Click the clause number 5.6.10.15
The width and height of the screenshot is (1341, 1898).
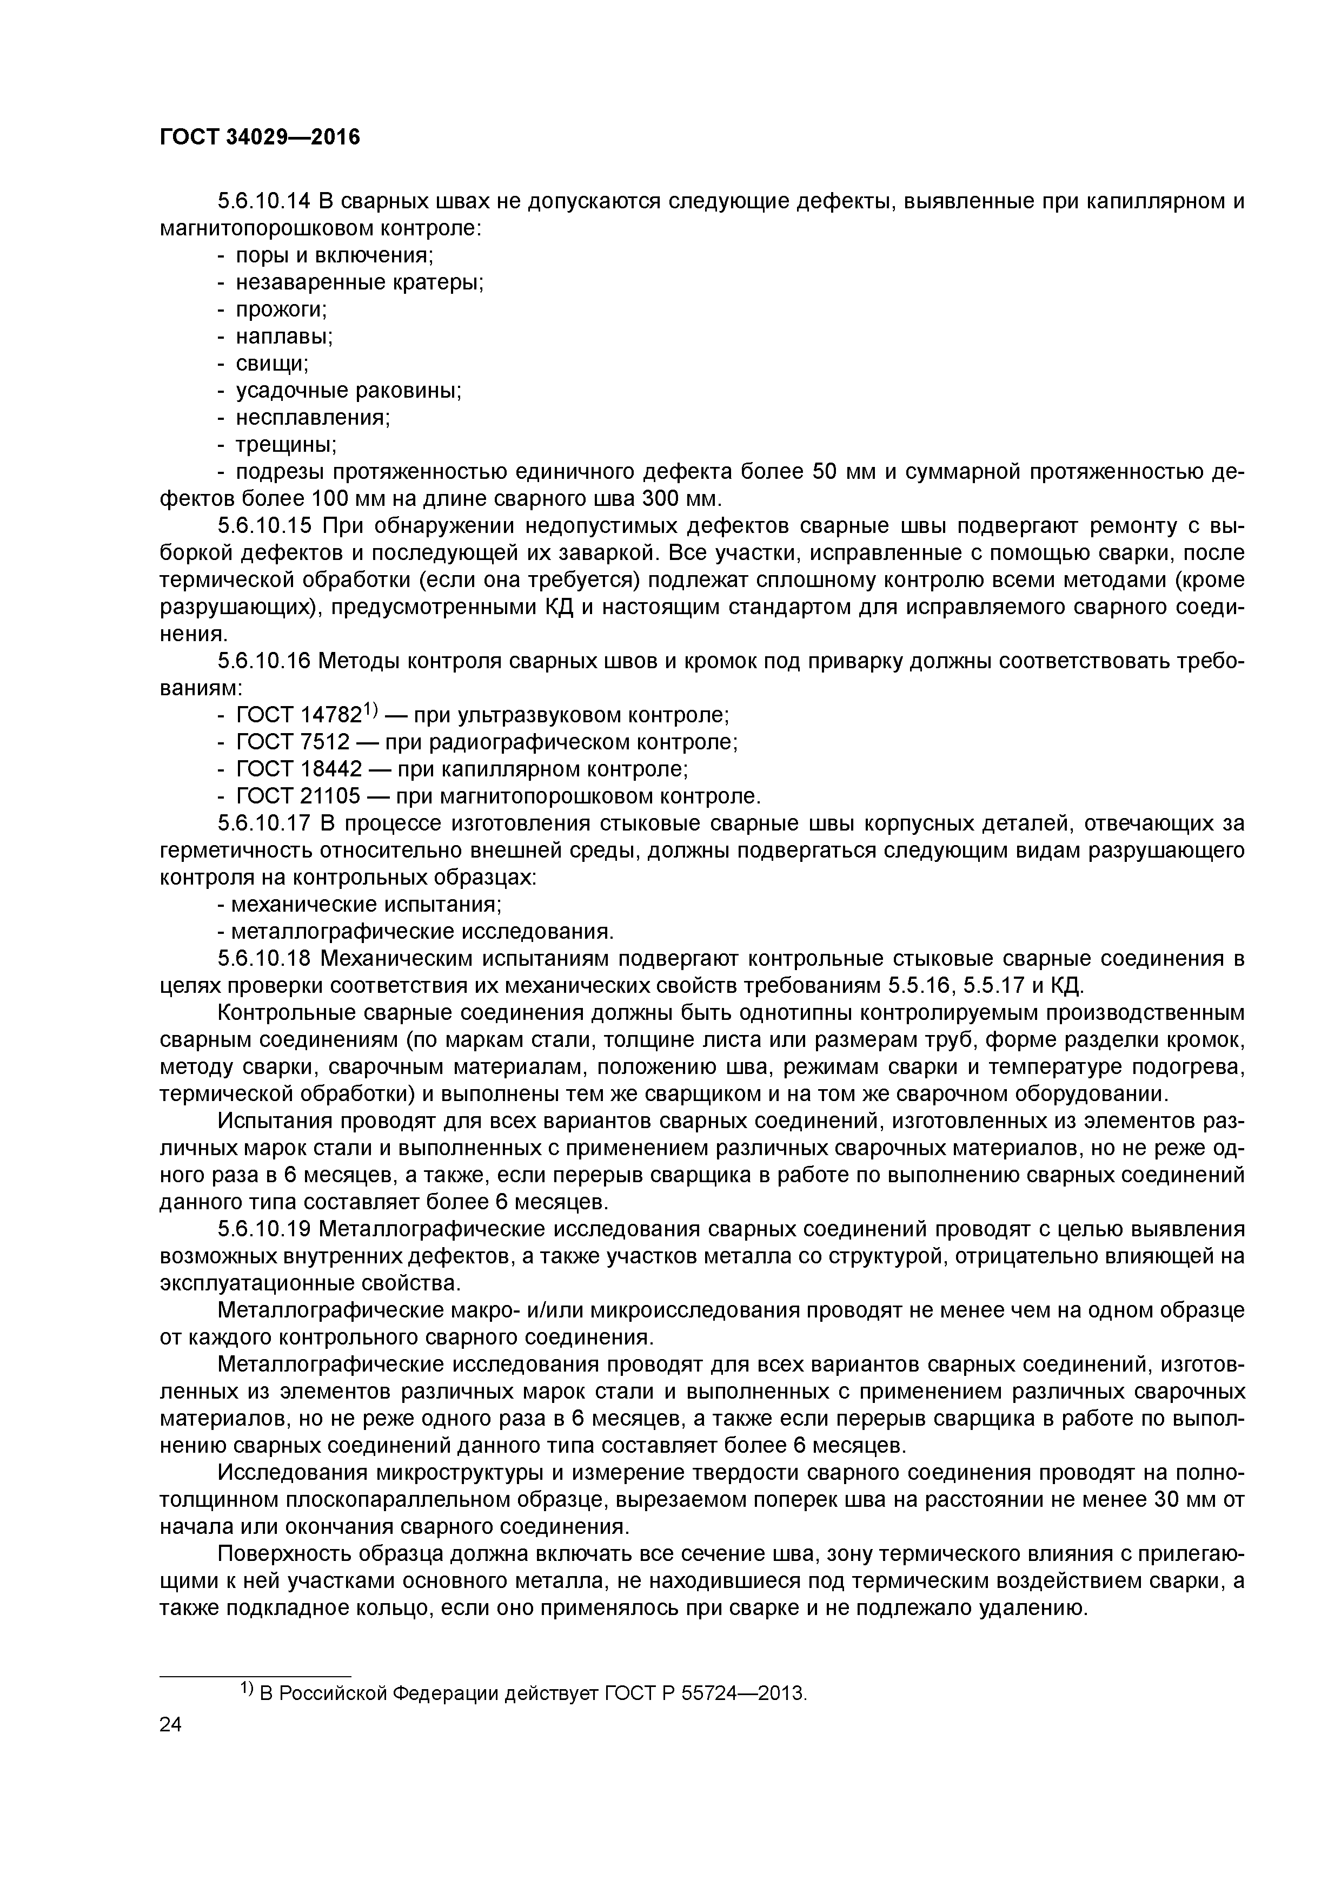coord(263,526)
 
